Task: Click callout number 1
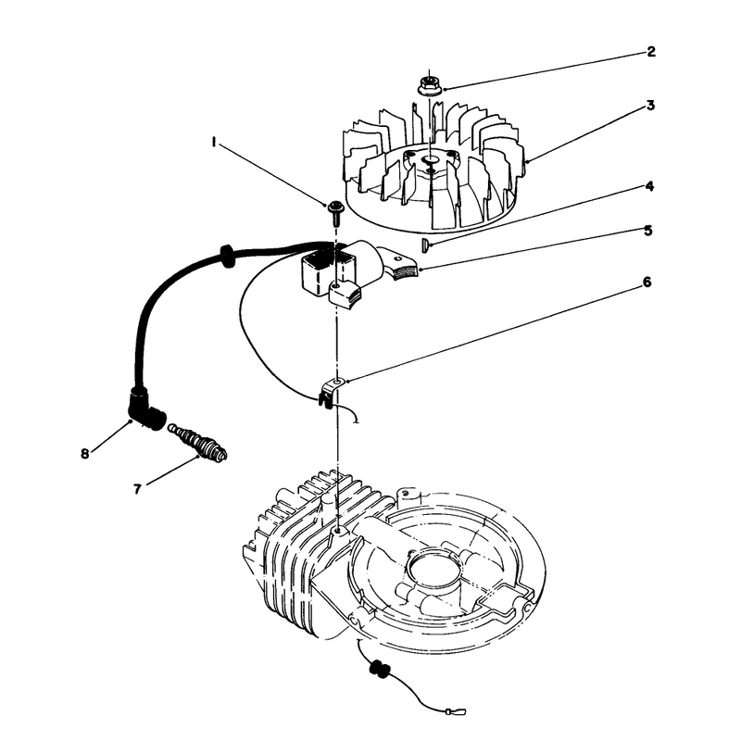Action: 215,142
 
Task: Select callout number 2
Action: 651,52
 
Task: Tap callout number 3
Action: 651,106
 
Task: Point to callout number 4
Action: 650,186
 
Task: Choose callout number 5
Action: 648,231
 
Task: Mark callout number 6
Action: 647,283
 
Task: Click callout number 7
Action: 137,489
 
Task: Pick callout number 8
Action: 84,454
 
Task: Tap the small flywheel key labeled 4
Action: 424,245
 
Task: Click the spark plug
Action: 198,442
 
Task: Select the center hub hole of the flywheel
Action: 431,160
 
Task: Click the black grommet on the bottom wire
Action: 381,669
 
